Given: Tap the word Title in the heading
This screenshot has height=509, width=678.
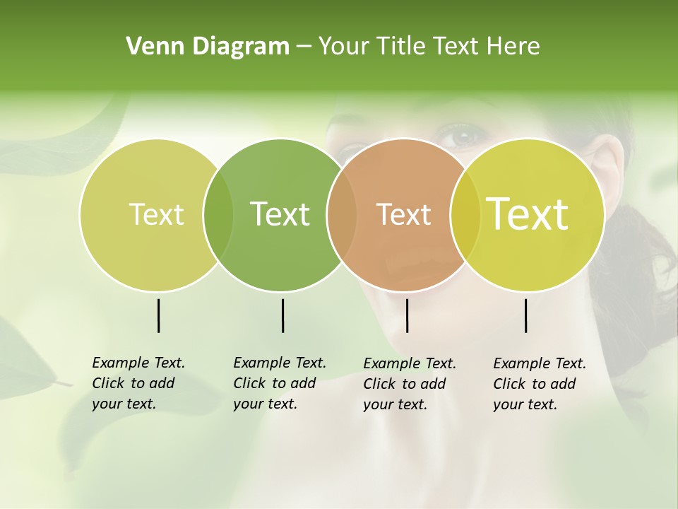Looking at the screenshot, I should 402,47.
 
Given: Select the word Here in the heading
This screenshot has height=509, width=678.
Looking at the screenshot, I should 514,47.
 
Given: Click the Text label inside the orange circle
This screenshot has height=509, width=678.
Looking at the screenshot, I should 403,214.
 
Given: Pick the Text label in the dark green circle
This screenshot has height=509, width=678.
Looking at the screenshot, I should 280,214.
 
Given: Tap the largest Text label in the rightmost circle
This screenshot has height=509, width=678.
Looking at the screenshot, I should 527,214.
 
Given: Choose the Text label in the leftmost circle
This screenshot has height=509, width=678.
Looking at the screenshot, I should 156,214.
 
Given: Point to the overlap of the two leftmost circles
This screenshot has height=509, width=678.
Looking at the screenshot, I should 218,215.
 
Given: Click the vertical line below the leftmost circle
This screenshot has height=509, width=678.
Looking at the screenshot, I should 158,315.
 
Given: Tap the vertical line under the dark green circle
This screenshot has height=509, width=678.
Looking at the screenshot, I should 282,315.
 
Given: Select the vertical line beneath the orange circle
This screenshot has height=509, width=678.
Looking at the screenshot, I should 407,315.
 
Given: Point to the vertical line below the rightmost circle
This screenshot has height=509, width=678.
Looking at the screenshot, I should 525,315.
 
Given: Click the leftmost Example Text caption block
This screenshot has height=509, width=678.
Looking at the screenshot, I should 138,383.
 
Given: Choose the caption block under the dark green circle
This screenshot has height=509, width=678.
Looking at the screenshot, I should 279,383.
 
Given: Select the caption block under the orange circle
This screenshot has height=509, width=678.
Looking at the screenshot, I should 409,384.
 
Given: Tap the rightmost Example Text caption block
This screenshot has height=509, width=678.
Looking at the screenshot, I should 539,384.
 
